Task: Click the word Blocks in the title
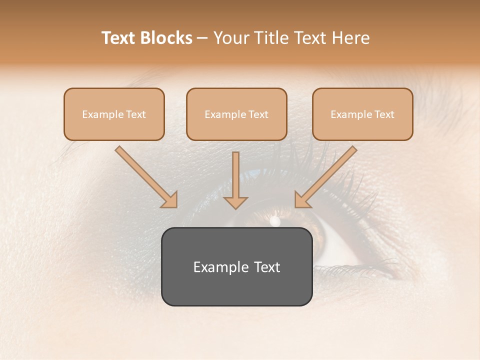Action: (x=166, y=38)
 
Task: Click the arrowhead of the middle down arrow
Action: (x=235, y=202)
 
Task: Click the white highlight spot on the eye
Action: (x=274, y=220)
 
